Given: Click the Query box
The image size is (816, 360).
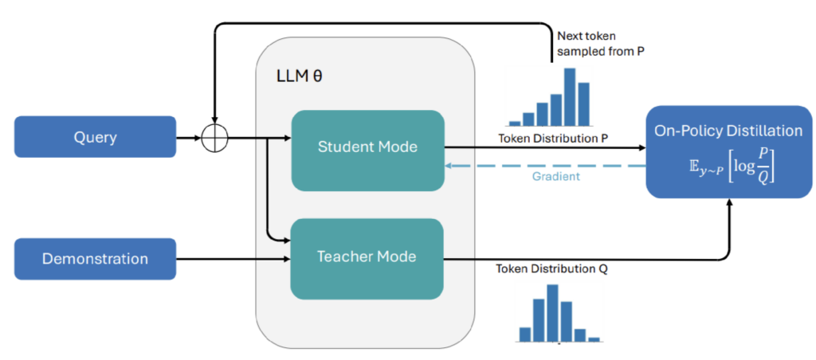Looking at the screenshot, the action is pyautogui.click(x=96, y=137).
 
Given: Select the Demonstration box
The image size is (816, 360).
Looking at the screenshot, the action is pyautogui.click(x=96, y=259).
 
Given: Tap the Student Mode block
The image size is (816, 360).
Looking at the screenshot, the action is pyautogui.click(x=367, y=151).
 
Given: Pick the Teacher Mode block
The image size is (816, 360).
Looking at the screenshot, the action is pyautogui.click(x=367, y=259).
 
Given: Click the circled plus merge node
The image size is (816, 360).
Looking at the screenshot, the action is pyautogui.click(x=214, y=139).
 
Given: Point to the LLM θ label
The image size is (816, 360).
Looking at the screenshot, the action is pyautogui.click(x=300, y=76).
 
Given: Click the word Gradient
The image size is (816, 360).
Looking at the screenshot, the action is pyautogui.click(x=555, y=177).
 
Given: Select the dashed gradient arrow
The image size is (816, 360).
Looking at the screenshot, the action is pyautogui.click(x=545, y=166).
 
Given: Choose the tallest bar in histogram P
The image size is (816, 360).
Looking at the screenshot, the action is pyautogui.click(x=570, y=96).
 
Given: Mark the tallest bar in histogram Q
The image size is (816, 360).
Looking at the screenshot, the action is pyautogui.click(x=552, y=313).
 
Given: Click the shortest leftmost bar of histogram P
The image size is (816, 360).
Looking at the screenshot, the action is pyautogui.click(x=514, y=123).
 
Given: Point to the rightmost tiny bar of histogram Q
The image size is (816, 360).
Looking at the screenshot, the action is pyautogui.click(x=594, y=339).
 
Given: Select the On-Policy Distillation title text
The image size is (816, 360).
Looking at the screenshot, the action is pyautogui.click(x=728, y=131).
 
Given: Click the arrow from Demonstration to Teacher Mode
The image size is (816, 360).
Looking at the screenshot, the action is pyautogui.click(x=233, y=259).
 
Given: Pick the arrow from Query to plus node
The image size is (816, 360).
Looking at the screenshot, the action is pyautogui.click(x=189, y=139).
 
